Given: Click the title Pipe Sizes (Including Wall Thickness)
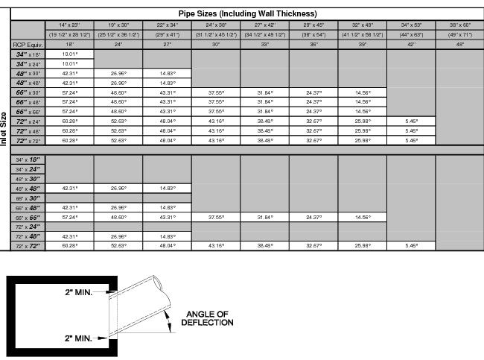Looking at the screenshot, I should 247,13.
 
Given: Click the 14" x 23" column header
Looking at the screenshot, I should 69,25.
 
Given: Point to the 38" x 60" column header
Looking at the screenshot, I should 459,25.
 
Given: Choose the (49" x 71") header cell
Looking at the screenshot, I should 459,34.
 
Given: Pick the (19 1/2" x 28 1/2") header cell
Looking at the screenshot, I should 69,34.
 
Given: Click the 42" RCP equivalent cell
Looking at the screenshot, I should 410,45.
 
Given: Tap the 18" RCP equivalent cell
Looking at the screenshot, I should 69,45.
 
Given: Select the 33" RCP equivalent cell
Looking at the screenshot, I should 264,45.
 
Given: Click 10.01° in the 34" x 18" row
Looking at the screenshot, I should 69,54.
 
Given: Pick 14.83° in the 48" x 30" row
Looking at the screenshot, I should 167,73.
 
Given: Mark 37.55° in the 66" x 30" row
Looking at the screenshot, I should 216,92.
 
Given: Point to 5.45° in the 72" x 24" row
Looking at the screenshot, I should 410,121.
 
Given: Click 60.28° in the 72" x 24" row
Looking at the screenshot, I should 69,121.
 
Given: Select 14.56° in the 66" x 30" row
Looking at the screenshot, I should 362,92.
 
